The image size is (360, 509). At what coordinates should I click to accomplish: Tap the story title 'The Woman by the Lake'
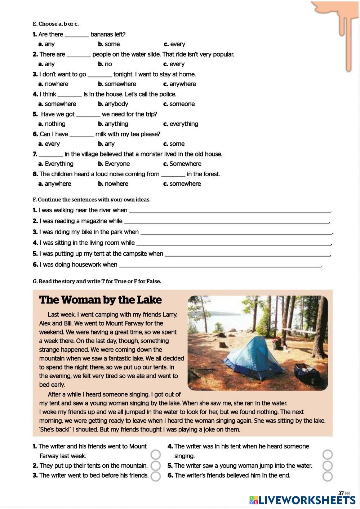[x=101, y=300]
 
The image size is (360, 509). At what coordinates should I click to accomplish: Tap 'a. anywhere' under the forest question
[x=55, y=184]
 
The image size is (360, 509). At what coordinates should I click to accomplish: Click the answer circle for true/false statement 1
[x=156, y=455]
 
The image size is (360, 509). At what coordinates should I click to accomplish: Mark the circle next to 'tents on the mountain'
[x=156, y=466]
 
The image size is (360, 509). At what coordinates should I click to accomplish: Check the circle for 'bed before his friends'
[x=156, y=476]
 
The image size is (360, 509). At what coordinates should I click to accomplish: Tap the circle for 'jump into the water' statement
[x=328, y=466]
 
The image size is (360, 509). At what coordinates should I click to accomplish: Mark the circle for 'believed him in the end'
[x=328, y=476]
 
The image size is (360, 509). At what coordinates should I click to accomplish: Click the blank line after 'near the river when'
[x=230, y=211]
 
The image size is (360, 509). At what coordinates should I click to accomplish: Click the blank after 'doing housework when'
[x=219, y=265]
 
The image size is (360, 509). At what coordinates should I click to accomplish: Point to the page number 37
[x=341, y=493]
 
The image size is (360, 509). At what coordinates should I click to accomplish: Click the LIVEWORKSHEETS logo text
[x=307, y=500]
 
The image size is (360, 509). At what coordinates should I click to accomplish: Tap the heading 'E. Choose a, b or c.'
[x=55, y=24]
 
